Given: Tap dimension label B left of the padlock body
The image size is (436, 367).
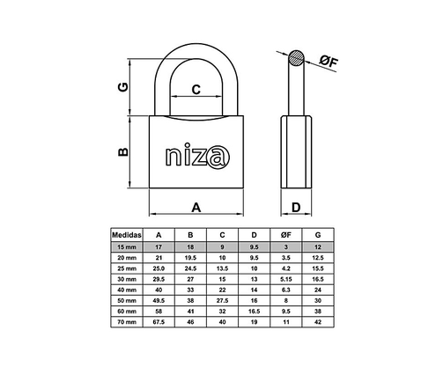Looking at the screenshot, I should tap(124, 151).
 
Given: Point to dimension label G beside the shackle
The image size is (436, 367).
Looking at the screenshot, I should tap(124, 88).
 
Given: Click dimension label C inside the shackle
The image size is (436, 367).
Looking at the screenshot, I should tap(196, 88).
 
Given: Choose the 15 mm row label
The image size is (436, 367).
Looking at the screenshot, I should tap(127, 247).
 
